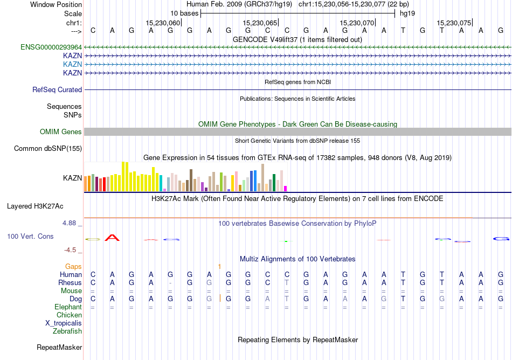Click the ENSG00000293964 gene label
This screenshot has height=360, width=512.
[x=51, y=47]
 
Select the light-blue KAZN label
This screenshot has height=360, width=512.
[x=72, y=64]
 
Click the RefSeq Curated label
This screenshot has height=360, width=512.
[x=57, y=90]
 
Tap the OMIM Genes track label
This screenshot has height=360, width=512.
[x=61, y=132]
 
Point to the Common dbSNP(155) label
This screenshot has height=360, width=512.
[x=48, y=148]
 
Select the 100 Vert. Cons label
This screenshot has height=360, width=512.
[x=30, y=237]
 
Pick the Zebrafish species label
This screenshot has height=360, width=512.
[x=67, y=331]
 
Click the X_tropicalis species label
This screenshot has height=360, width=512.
[x=64, y=323]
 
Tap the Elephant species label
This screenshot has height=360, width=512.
[x=68, y=307]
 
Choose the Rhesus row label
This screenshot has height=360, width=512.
[x=71, y=283]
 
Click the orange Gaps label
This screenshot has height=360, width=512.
[x=73, y=267]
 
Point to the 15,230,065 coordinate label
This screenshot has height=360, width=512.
[x=260, y=23]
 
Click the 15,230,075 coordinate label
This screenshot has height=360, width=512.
[x=454, y=23]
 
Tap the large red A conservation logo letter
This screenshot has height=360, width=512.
[x=112, y=238]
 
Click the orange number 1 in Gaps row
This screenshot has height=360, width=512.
[x=219, y=267]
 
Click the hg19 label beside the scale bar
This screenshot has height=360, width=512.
[x=407, y=13]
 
